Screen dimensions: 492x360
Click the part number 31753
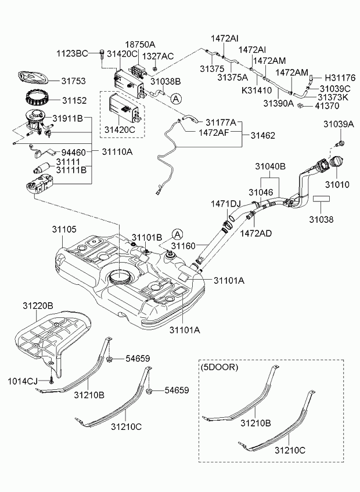(x=74, y=81)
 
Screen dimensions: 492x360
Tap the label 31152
(x=74, y=100)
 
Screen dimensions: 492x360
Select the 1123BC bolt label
(x=72, y=53)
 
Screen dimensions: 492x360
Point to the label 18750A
(x=141, y=45)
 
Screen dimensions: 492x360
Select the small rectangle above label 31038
(x=322, y=198)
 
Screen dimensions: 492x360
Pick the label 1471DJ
(x=225, y=204)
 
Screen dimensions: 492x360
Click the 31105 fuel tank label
(x=65, y=230)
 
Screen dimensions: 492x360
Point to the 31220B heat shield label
(x=38, y=305)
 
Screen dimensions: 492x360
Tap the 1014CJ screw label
(x=23, y=381)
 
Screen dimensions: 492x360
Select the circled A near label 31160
(x=177, y=234)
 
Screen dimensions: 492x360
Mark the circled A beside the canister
(x=175, y=99)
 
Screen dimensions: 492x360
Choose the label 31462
(x=263, y=135)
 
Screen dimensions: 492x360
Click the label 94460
(x=74, y=152)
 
